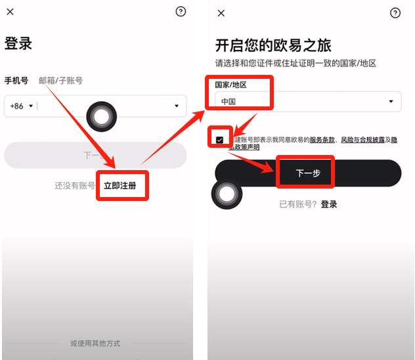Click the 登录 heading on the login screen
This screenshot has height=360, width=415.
18,44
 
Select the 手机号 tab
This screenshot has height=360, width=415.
16,81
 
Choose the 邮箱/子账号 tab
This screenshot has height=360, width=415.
60,81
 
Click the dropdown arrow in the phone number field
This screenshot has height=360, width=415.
176,106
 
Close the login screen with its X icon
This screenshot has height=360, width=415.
10,12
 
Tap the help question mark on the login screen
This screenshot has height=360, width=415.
181,12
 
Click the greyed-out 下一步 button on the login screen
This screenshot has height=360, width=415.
95,155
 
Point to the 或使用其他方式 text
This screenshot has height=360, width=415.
95,343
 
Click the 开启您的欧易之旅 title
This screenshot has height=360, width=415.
273,45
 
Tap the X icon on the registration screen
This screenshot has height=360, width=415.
221,13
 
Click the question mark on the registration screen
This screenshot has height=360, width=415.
395,13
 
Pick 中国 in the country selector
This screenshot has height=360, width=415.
229,102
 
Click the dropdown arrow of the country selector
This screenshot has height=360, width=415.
391,102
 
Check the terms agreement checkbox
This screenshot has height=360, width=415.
219,140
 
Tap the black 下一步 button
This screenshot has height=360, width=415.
308,173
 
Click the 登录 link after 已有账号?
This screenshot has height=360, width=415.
329,204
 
